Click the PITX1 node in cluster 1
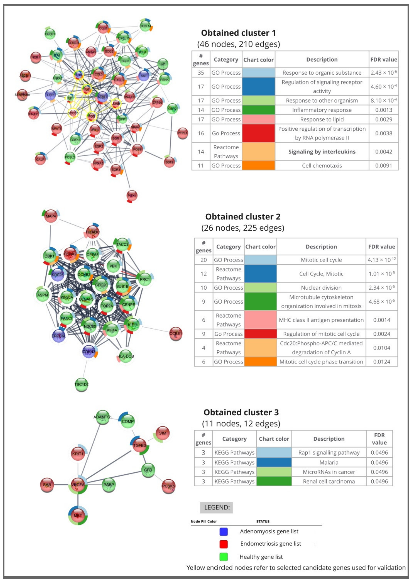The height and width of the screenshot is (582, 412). [x=132, y=195]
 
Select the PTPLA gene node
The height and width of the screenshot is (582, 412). [x=182, y=133]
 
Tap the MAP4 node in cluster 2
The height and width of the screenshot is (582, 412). [x=51, y=216]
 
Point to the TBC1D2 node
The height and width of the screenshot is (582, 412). [x=81, y=385]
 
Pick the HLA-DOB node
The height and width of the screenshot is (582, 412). [x=125, y=356]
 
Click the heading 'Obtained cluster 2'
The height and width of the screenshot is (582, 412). [x=243, y=217]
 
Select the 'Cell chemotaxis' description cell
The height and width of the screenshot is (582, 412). [x=322, y=166]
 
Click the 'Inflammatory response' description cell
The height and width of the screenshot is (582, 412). [x=322, y=110]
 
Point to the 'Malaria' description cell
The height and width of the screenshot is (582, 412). [x=329, y=462]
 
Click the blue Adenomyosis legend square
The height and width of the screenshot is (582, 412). [x=223, y=531]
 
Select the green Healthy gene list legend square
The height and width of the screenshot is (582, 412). [x=223, y=557]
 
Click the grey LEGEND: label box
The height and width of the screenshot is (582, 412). [x=216, y=507]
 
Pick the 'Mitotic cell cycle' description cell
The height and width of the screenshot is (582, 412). [x=321, y=260]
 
